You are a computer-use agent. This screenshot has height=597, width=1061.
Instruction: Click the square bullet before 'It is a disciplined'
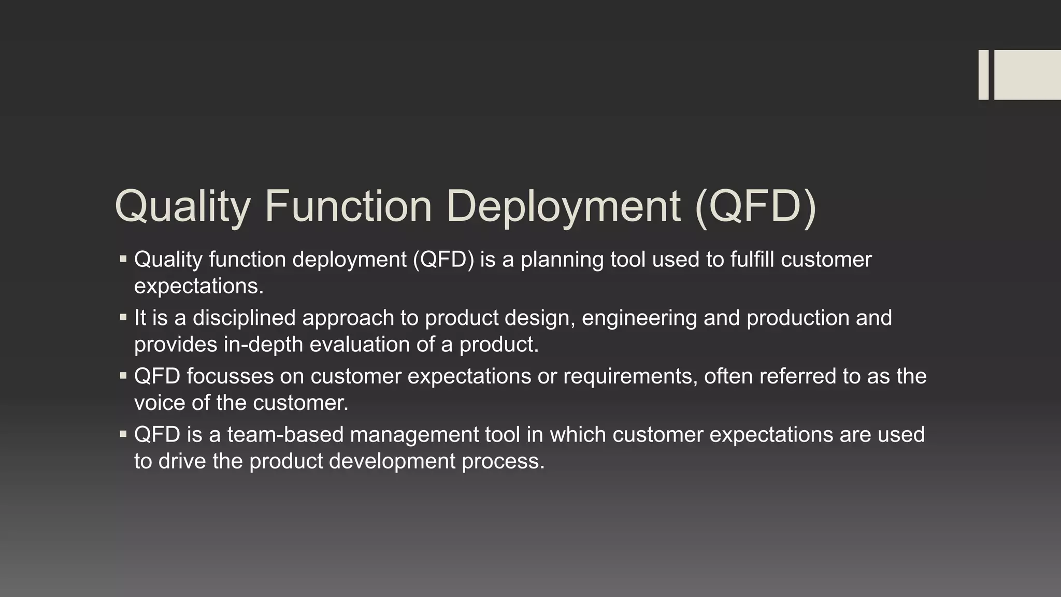click(x=123, y=317)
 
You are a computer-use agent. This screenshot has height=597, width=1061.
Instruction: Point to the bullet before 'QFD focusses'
click(x=123, y=375)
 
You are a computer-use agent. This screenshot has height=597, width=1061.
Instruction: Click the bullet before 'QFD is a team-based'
click(x=123, y=434)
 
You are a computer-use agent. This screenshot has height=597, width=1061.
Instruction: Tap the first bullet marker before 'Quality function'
click(x=123, y=258)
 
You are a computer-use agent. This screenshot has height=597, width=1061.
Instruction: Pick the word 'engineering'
click(x=639, y=318)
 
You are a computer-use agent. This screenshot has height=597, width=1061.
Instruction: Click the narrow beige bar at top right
click(x=983, y=75)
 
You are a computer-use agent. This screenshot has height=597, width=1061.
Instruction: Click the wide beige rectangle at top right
click(x=1027, y=75)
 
